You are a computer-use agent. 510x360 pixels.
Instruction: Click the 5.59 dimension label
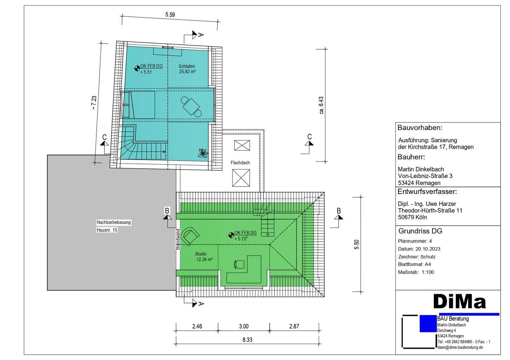pyautogui.click(x=170, y=15)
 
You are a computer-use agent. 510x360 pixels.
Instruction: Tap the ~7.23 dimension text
pyautogui.click(x=94, y=103)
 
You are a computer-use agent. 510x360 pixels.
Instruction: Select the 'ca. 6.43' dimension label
pyautogui.click(x=321, y=105)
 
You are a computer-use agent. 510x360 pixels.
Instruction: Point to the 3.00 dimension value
pyautogui.click(x=244, y=326)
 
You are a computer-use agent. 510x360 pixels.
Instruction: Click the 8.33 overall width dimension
pyautogui.click(x=247, y=340)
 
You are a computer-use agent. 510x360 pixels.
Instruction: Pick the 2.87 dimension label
pyautogui.click(x=294, y=326)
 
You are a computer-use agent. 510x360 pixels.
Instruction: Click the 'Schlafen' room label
pyautogui.click(x=186, y=66)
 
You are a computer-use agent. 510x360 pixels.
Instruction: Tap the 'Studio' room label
pyautogui.click(x=200, y=254)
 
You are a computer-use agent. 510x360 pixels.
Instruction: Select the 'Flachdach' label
pyautogui.click(x=240, y=163)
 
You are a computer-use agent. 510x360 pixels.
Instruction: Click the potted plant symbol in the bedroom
pyautogui.click(x=203, y=153)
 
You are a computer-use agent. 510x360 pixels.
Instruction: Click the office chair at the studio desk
pyautogui.click(x=239, y=264)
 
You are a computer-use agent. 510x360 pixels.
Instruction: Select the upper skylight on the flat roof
pyautogui.click(x=242, y=145)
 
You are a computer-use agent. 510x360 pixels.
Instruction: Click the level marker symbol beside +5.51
pyautogui.click(x=137, y=68)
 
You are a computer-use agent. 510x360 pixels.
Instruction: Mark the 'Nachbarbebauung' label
pyautogui.click(x=114, y=222)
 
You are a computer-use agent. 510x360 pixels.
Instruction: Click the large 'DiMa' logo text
pyautogui.click(x=459, y=301)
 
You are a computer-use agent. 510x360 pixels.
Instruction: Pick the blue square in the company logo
pyautogui.click(x=428, y=324)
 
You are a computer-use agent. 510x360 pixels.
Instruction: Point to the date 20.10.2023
pyautogui.click(x=428, y=249)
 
